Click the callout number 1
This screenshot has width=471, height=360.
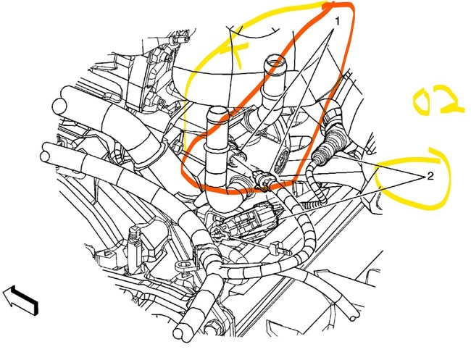(x=338, y=22)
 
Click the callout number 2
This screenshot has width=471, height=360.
(x=430, y=176)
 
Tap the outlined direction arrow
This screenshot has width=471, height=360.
(x=20, y=300)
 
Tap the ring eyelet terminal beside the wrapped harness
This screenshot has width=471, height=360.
(x=183, y=266)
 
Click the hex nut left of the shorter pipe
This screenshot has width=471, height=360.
(x=178, y=146)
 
